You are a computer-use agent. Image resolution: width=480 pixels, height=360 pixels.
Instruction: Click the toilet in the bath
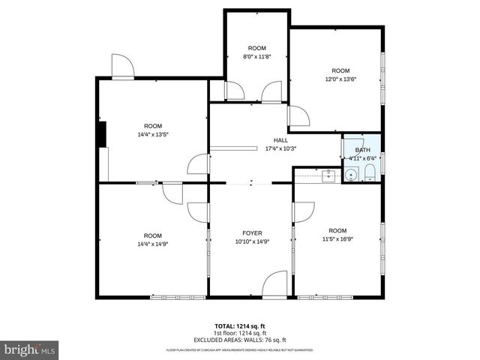(x=370, y=175)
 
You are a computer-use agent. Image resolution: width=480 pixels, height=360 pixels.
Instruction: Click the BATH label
(x=362, y=150)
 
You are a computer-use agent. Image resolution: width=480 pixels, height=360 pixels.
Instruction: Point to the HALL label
(x=280, y=140)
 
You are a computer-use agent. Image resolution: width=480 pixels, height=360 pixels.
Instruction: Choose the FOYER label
(x=251, y=233)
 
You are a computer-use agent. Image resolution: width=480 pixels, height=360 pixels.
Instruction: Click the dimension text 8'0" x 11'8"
(x=257, y=56)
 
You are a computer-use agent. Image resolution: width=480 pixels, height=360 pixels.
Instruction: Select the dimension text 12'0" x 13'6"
(x=340, y=79)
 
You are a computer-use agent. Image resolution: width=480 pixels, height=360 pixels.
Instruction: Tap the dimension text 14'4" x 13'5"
(x=153, y=135)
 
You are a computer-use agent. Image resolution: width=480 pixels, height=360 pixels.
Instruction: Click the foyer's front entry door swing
(x=275, y=283)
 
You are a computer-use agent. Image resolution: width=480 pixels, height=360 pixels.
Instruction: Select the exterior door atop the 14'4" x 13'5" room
(x=121, y=66)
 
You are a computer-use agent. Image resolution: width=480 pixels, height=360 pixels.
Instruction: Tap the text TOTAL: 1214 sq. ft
(x=240, y=326)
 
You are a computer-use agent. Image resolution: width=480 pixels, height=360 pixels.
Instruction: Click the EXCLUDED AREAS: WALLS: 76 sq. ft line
(x=240, y=339)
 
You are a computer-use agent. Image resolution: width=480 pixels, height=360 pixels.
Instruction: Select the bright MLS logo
(x=30, y=349)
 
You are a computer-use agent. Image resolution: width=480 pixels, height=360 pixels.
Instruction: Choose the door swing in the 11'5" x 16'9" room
(x=304, y=212)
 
